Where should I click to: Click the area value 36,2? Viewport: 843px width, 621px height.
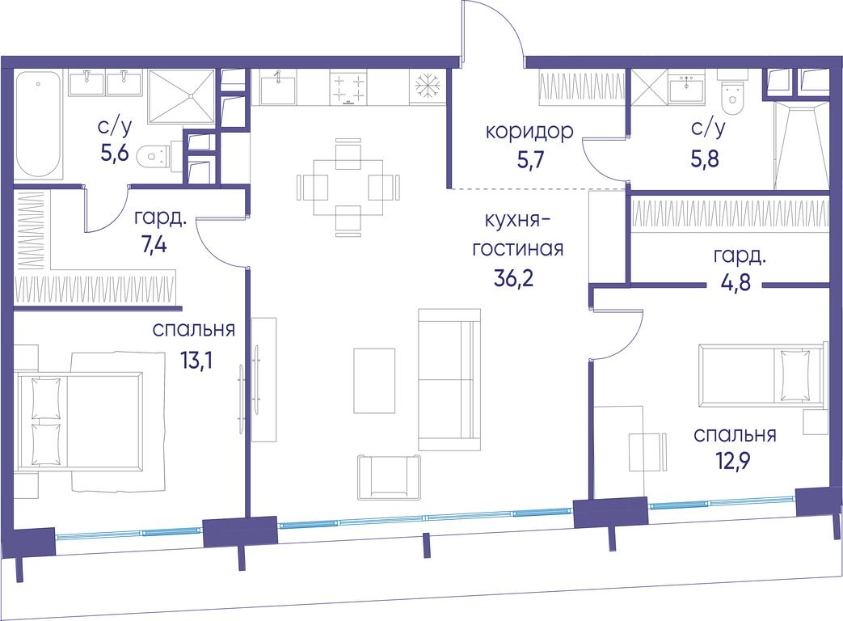click(x=513, y=278)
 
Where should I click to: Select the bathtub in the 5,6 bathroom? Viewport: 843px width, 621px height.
click(x=38, y=125)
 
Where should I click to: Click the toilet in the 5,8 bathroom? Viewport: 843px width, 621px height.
click(x=731, y=98)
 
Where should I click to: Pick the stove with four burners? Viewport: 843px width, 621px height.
click(x=348, y=87)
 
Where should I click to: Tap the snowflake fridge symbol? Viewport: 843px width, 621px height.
click(x=428, y=86)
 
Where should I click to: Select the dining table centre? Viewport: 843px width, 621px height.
click(x=348, y=187)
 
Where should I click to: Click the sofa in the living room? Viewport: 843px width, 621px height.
click(x=449, y=379)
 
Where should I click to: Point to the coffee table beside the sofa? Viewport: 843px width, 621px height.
click(x=374, y=381)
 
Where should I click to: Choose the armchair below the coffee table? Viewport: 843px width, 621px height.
click(x=390, y=477)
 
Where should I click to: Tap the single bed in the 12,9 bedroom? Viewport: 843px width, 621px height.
click(x=762, y=374)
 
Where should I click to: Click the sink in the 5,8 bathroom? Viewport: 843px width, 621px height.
click(x=686, y=87)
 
